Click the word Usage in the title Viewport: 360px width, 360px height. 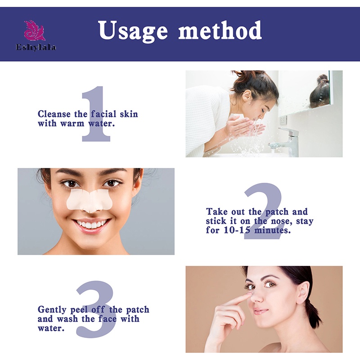point(133,31)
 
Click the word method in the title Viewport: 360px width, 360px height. point(220,30)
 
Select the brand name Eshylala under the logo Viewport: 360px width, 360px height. point(36,47)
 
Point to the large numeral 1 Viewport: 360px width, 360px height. point(96,115)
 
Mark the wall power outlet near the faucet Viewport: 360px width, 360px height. point(283,120)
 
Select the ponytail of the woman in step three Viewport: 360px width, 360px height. point(313,310)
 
